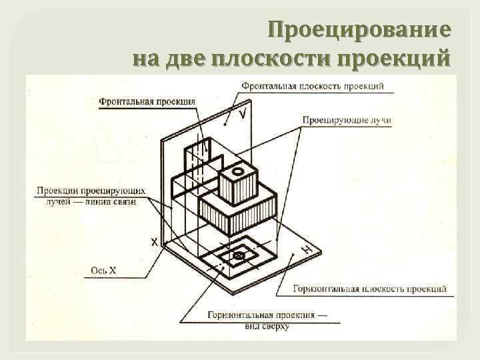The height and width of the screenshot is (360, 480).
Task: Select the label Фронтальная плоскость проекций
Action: [312, 86]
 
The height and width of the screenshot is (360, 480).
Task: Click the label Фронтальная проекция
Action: [147, 102]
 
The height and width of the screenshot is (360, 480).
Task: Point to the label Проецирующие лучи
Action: [346, 120]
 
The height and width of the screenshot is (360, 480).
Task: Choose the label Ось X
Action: [103, 270]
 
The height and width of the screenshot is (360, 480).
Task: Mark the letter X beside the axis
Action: [154, 243]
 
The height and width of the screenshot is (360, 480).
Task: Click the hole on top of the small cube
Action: [235, 171]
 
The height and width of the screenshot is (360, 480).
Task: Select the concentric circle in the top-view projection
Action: [238, 256]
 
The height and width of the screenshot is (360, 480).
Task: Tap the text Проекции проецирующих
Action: [91, 190]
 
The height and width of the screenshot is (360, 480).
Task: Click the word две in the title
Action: [187, 58]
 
